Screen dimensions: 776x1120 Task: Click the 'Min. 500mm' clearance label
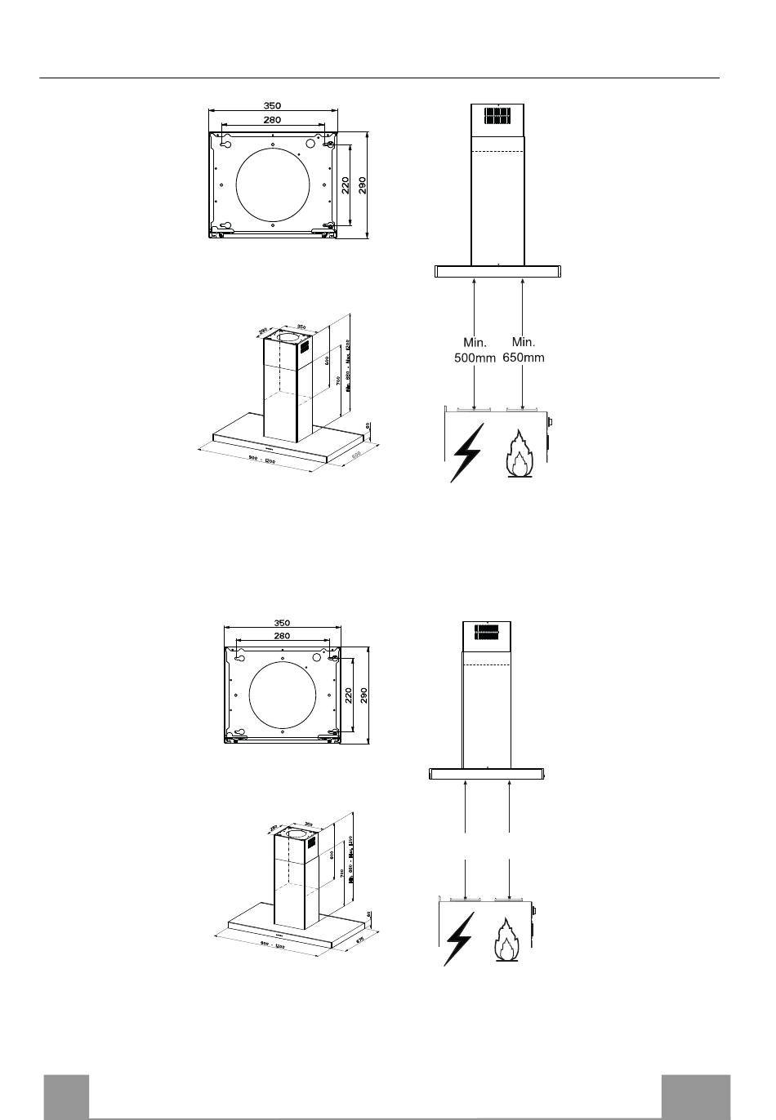tap(475, 349)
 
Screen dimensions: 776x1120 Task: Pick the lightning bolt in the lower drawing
tap(459, 939)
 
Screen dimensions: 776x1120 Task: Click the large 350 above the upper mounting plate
tap(272, 105)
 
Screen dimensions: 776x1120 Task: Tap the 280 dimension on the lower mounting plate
tap(282, 635)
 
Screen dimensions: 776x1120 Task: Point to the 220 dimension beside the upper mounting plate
tap(346, 185)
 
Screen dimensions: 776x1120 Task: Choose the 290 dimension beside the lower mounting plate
tap(364, 696)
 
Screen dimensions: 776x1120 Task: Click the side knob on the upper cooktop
tap(551, 423)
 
